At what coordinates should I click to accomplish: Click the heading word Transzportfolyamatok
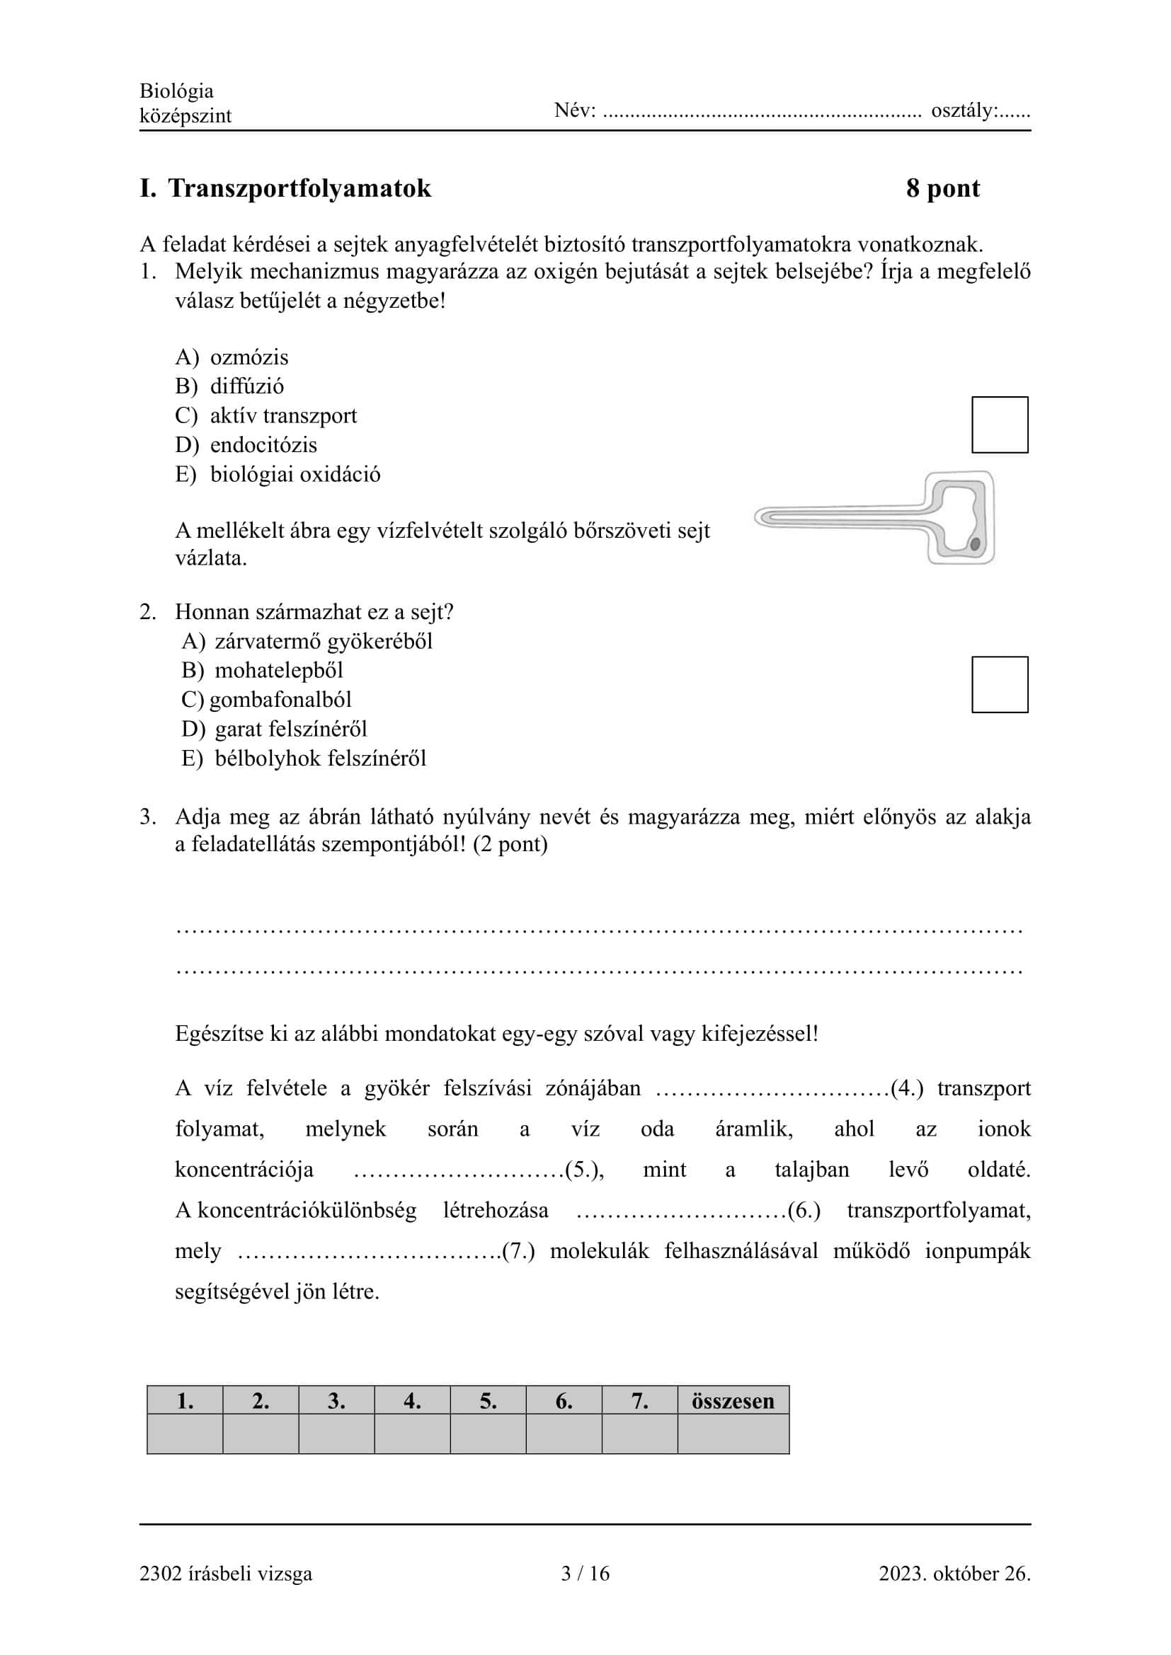[x=299, y=188]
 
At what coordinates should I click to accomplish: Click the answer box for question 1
[x=1000, y=425]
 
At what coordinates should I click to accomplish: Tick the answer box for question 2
[x=1000, y=684]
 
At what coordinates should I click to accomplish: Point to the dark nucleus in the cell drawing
[x=975, y=544]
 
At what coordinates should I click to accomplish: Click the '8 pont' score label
[x=942, y=188]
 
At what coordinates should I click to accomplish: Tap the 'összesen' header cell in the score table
[x=733, y=1400]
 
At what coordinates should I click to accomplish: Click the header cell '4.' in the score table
[x=412, y=1400]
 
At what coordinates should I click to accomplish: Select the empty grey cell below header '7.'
[x=639, y=1434]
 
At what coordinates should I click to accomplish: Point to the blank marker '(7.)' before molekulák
[x=518, y=1250]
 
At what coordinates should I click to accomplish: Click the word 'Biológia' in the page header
[x=176, y=91]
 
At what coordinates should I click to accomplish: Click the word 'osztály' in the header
[x=964, y=111]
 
